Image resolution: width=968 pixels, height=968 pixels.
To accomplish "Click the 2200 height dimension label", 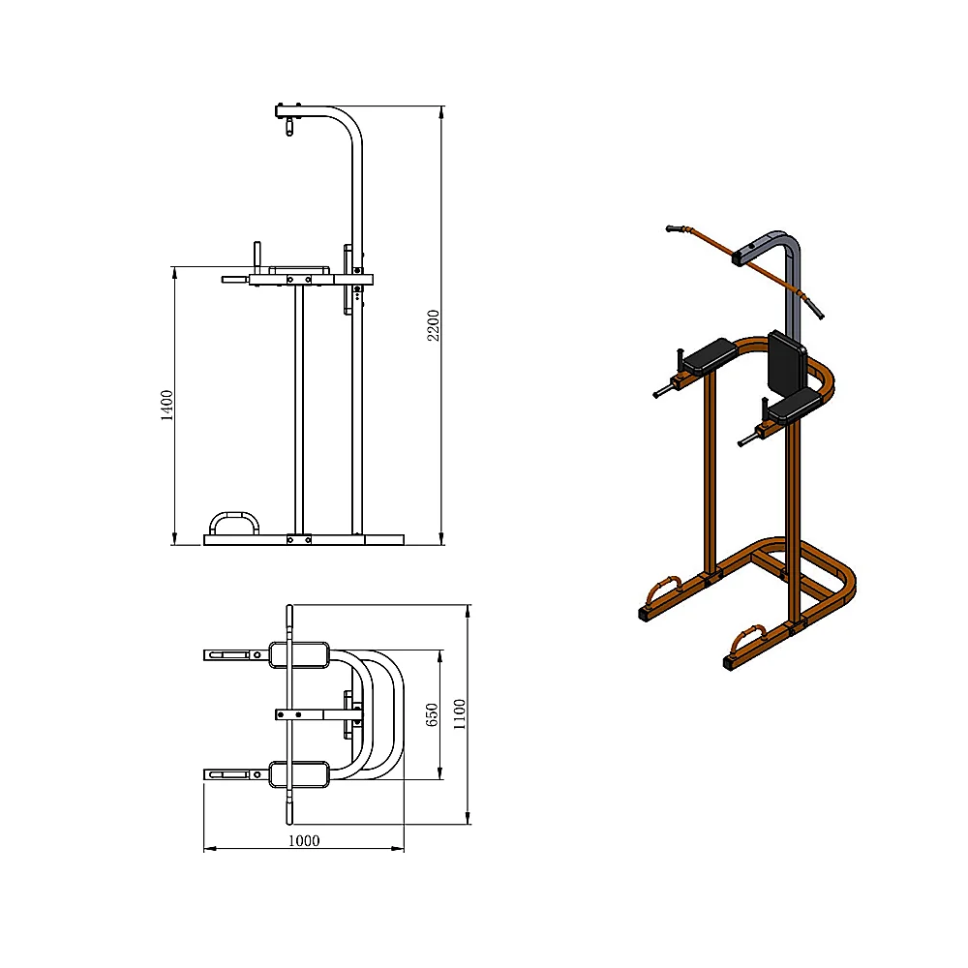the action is pos(434,325).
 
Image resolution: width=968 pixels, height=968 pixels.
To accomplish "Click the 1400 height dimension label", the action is pos(166,406).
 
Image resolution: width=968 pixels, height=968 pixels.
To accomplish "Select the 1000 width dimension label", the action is pos(304,840).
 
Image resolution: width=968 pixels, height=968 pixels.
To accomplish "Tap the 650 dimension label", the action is pos(432,715).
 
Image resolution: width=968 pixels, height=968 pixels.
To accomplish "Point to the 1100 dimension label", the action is pos(459,714).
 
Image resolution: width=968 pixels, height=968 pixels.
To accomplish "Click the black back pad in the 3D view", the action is pos(786,365).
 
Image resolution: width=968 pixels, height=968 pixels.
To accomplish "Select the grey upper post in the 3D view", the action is pos(779,272).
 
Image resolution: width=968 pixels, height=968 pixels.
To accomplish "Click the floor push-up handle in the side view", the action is pos(234,523).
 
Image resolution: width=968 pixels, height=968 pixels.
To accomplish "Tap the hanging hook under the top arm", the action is pos(289,127).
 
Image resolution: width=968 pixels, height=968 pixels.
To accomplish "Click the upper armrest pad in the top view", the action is pos(299,655).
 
